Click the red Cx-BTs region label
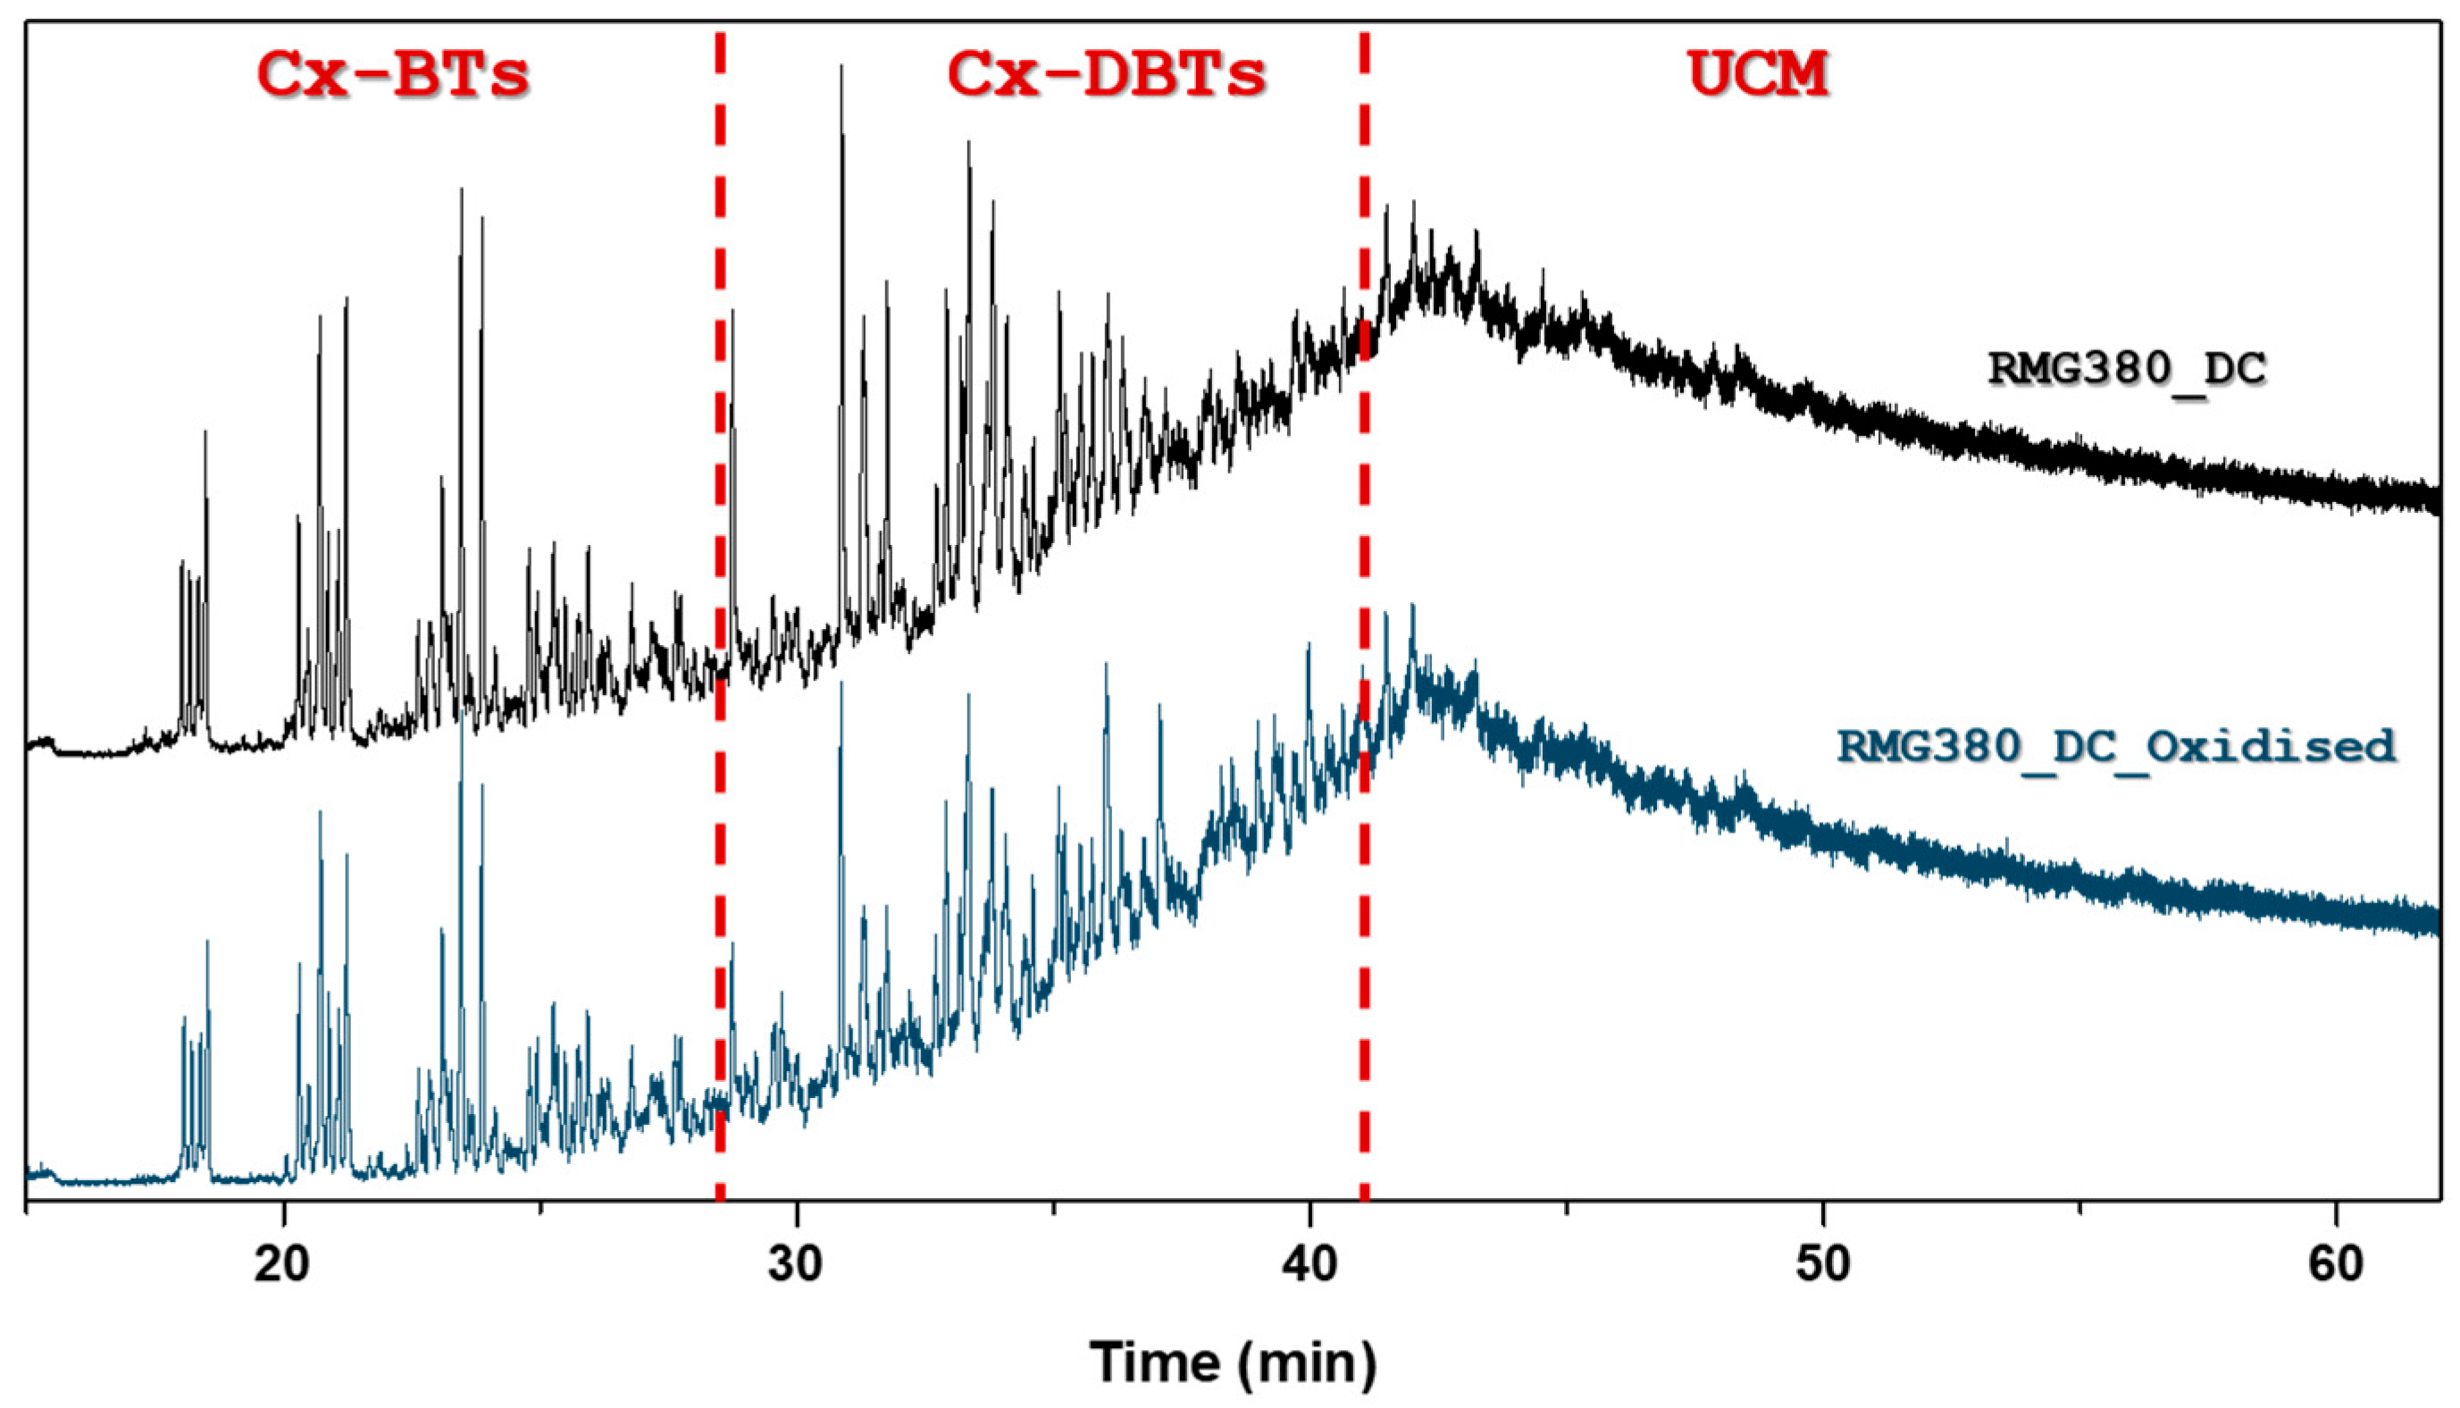(393, 74)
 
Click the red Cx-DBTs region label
(1107, 74)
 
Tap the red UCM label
(1758, 74)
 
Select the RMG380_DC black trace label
(2127, 368)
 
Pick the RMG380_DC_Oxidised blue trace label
(2116, 746)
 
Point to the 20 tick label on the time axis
(283, 1264)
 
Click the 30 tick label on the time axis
(797, 1264)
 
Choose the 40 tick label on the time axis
(1309, 1264)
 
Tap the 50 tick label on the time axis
(1823, 1264)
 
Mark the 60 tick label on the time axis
(2336, 1264)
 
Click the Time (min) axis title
(1234, 1362)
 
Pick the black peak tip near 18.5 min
(205, 433)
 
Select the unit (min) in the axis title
(1304, 1362)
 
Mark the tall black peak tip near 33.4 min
(968, 143)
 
